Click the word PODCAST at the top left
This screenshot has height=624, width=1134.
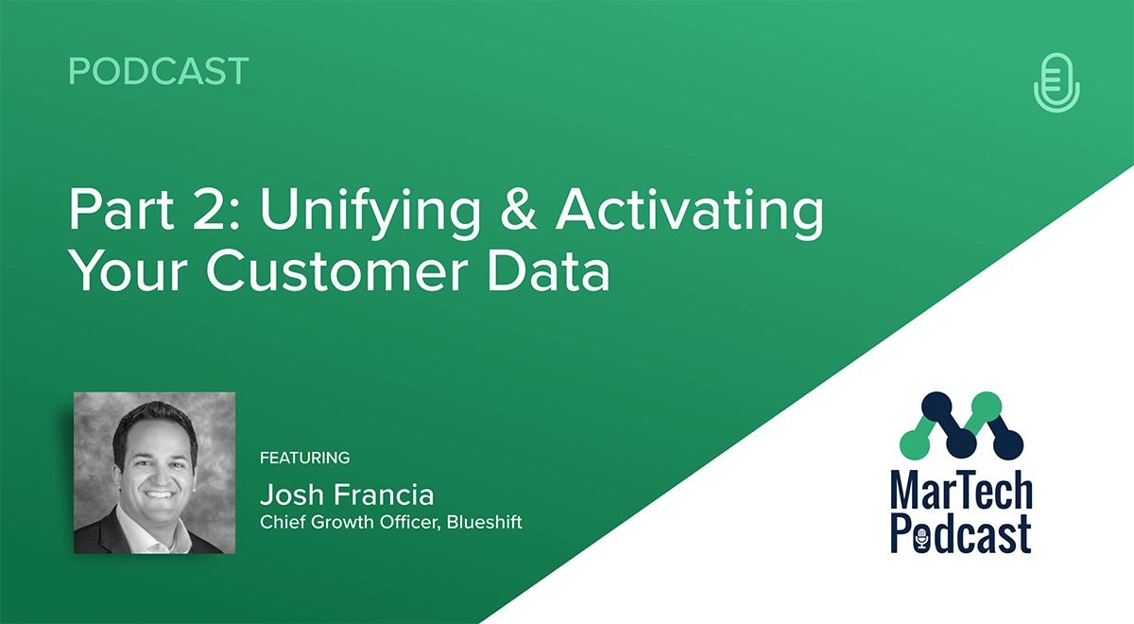tap(159, 71)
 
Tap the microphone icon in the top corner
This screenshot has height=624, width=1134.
tap(1057, 82)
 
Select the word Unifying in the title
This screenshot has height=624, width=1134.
tap(370, 214)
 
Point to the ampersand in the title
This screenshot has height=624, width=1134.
tap(518, 210)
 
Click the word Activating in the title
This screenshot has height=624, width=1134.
tap(690, 214)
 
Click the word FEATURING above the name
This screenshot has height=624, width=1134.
tap(304, 458)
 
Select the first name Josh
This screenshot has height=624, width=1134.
tap(292, 494)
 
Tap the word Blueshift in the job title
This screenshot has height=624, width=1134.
tap(484, 522)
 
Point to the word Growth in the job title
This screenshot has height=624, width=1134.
tap(342, 522)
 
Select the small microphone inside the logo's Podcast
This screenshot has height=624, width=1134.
tap(922, 540)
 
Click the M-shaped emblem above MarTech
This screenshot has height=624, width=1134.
tap(961, 425)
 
